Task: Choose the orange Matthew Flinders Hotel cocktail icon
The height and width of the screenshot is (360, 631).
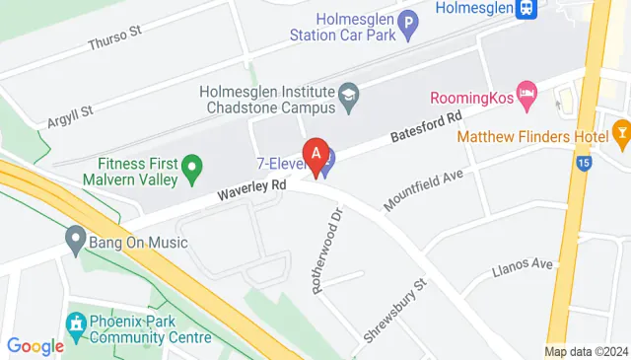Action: pos(621,129)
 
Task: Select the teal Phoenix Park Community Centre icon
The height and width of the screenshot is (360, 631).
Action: pos(75,324)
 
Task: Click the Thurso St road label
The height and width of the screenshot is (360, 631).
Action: pos(115,38)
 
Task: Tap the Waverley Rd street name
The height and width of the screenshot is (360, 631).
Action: pos(252,186)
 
